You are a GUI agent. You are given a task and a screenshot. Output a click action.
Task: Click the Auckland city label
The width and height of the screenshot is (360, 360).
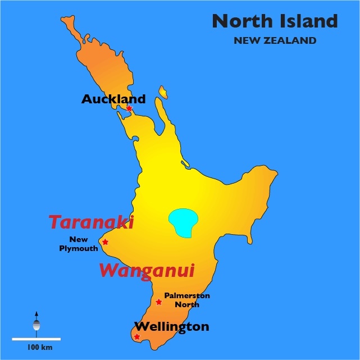click(113, 99)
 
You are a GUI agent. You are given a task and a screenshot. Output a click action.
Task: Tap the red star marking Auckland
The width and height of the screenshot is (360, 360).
click(129, 108)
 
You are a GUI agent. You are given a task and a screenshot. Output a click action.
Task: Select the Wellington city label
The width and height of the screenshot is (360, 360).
click(172, 326)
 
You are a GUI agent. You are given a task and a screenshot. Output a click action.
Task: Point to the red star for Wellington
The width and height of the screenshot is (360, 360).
click(137, 337)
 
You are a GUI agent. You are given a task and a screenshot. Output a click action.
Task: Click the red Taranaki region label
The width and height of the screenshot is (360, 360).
click(91, 222)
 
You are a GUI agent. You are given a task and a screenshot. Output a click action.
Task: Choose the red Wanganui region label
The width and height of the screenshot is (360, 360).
click(147, 271)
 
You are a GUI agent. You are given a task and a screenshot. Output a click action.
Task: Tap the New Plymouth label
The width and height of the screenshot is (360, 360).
click(79, 244)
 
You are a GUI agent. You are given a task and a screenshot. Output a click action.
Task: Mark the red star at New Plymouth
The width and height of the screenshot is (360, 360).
click(105, 242)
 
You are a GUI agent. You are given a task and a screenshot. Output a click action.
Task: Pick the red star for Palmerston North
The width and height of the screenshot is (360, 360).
click(159, 302)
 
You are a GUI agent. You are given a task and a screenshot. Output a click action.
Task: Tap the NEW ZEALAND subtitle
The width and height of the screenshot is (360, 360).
click(275, 40)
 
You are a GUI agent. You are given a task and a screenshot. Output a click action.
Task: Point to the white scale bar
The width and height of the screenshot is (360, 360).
click(36, 339)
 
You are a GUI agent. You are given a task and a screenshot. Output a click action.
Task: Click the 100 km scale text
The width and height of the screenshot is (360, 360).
click(36, 348)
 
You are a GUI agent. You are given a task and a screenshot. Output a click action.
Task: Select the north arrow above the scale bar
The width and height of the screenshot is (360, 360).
click(37, 322)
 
